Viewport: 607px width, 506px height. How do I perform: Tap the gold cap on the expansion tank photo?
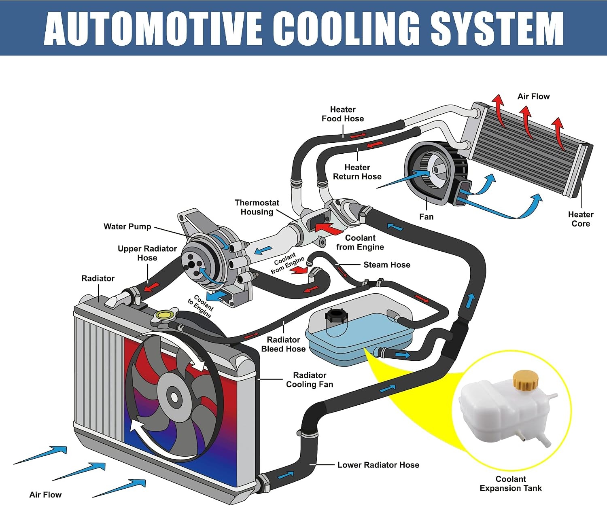[x=525, y=379]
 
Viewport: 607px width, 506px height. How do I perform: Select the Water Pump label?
[x=127, y=227]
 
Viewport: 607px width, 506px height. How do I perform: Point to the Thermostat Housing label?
[x=257, y=207]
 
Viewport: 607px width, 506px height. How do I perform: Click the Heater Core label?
[x=581, y=219]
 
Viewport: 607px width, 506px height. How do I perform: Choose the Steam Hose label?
[x=386, y=265]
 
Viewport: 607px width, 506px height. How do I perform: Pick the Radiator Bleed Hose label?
[x=283, y=344]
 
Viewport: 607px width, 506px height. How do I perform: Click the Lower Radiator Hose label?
[x=378, y=465]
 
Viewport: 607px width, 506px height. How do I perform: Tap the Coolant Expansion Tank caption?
[x=510, y=484]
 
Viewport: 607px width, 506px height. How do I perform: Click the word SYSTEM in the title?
[x=497, y=28]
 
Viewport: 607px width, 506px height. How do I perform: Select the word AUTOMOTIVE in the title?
[x=153, y=28]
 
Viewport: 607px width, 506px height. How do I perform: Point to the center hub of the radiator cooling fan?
[x=174, y=397]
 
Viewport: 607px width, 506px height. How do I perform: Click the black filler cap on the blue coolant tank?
[x=336, y=315]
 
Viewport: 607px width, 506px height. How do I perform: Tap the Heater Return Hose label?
[x=357, y=172]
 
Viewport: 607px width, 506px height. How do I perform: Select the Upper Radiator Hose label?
[x=147, y=253]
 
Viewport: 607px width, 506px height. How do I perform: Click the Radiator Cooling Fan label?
[x=310, y=380]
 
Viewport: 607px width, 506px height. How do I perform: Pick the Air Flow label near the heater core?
[x=533, y=97]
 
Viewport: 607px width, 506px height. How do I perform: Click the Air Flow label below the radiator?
[x=45, y=495]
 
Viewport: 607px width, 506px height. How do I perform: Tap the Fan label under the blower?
[x=426, y=217]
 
